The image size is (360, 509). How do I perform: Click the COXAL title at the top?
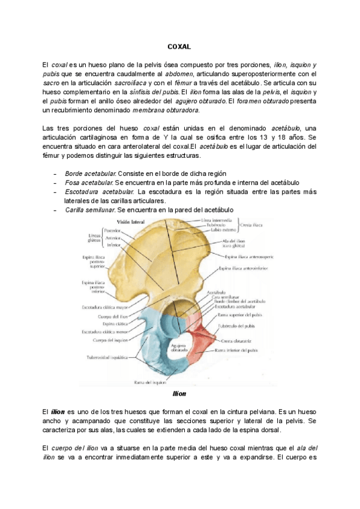point(179,47)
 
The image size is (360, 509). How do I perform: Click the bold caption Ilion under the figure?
point(180,394)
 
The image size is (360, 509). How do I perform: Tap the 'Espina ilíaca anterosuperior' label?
point(247,256)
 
